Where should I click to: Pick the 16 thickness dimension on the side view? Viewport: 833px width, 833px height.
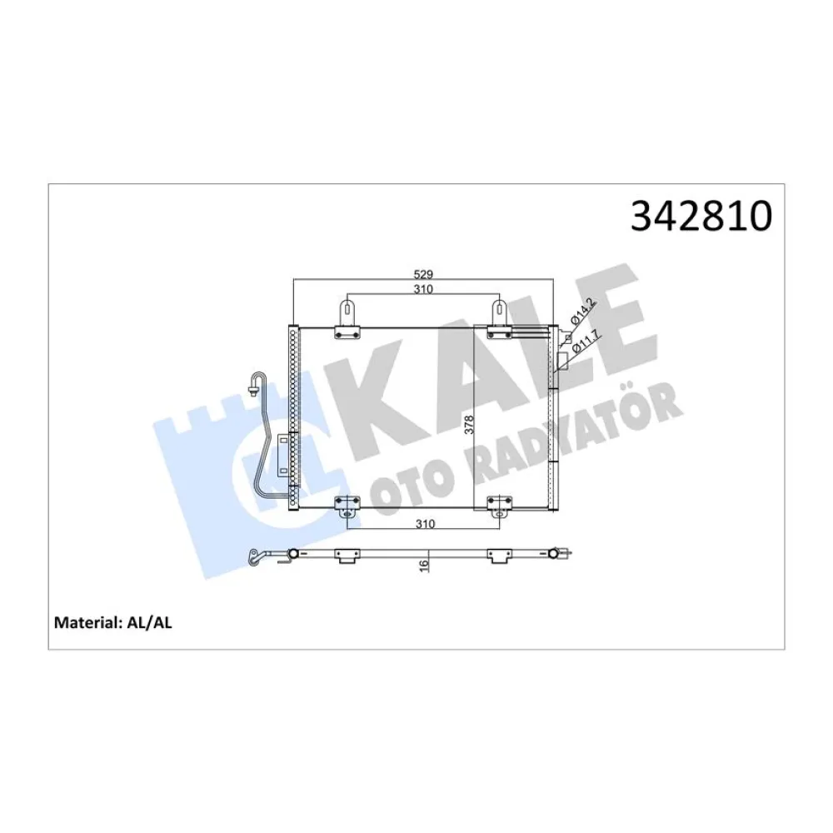(424, 564)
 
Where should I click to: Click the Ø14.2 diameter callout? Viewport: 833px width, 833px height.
(581, 311)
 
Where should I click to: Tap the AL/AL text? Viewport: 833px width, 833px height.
(151, 621)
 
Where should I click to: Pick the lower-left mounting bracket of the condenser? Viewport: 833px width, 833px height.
(347, 507)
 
